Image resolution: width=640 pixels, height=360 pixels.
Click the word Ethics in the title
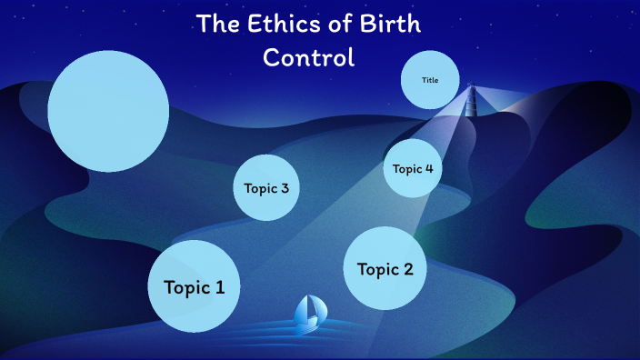277,25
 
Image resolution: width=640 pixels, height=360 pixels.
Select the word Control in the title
307,57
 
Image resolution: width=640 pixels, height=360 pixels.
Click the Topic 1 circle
194,286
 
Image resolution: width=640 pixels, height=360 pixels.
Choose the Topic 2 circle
385,268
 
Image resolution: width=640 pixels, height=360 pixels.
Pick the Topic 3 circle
266,188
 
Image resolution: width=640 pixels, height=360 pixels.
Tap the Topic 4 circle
413,168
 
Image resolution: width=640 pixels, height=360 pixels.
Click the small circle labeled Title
430,80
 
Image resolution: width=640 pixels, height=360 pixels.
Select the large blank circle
108,111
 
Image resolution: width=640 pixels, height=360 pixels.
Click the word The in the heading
215,25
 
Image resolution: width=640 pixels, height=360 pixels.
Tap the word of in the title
339,25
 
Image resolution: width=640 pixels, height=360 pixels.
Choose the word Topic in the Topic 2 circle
378,269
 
